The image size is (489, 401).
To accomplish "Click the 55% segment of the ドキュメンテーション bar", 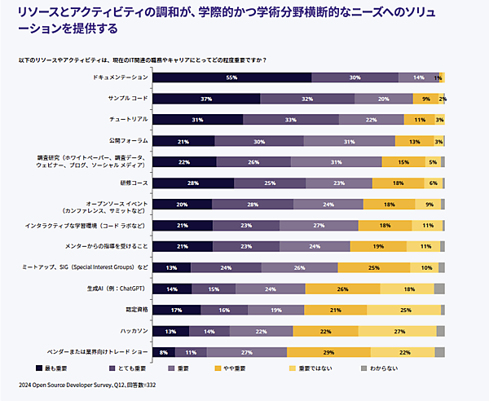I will click(231, 77).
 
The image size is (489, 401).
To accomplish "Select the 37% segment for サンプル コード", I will click(206, 99).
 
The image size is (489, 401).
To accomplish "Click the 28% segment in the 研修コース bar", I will click(192, 183).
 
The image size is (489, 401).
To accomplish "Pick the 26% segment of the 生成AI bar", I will click(342, 289).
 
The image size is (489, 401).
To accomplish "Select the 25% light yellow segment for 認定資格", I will click(405, 310).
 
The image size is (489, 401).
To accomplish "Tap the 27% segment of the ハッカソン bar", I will click(399, 331).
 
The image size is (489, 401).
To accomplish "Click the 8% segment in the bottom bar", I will click(163, 352).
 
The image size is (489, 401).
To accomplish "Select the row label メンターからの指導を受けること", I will click(106, 246).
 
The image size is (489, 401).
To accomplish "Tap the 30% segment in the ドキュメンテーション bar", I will click(355, 77).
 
